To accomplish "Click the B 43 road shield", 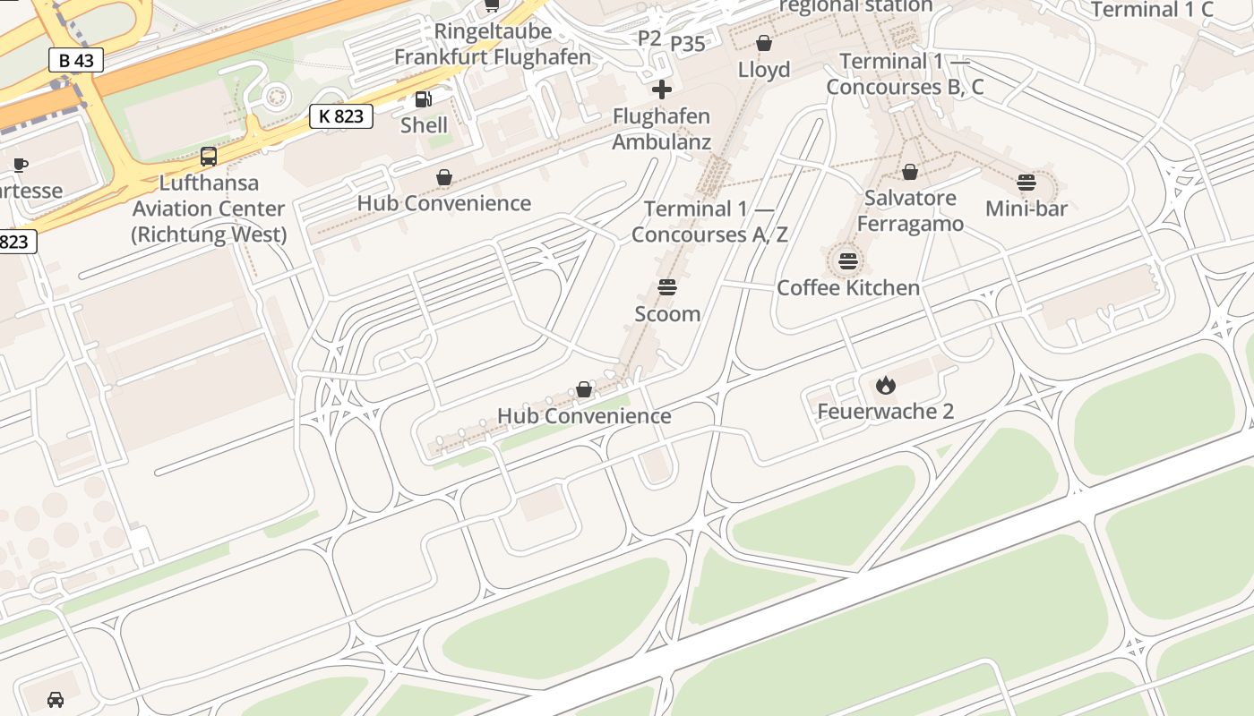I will click(76, 61).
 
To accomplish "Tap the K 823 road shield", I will click(341, 115).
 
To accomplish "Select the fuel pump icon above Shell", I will click(422, 100).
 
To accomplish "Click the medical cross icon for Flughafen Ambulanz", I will click(662, 89).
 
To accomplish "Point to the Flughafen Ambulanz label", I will click(662, 129).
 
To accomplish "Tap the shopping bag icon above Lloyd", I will click(764, 43).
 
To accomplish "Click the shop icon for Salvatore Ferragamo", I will click(910, 172).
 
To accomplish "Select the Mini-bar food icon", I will click(1026, 183).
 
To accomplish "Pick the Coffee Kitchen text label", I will click(848, 287).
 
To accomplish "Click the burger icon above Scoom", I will click(667, 287).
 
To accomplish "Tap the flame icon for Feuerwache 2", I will click(885, 385).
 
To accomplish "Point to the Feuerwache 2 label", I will click(885, 412).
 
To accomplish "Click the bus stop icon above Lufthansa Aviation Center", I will click(209, 157).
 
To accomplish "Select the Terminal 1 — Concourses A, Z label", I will click(709, 221).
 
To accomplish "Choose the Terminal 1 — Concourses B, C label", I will click(905, 74).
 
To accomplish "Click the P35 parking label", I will click(688, 44).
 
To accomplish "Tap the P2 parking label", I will click(649, 38).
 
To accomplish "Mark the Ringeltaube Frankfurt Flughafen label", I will click(493, 45).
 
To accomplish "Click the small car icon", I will click(56, 699).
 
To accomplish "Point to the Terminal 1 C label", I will click(1152, 10).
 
